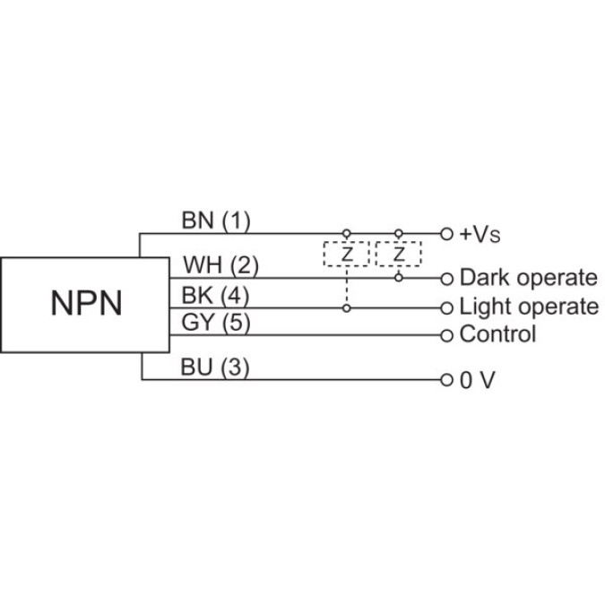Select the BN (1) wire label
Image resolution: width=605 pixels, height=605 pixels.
coord(217,220)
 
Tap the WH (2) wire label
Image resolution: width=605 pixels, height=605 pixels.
coord(220,265)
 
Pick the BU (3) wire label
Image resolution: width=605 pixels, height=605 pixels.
coord(215,367)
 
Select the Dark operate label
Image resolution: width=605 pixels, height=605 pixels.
coord(528,278)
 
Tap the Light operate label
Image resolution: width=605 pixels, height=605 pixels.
coord(529,307)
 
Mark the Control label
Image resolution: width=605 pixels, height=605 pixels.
coord(497,335)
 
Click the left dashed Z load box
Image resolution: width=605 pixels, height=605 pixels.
coord(347,255)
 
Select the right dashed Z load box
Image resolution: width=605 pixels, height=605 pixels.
coord(399,255)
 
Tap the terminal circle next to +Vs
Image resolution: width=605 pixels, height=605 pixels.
coord(447,233)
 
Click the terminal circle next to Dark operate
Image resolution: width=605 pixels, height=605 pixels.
coord(447,278)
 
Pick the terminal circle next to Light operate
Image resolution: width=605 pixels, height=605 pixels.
coord(447,307)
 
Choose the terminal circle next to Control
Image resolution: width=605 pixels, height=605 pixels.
coord(447,335)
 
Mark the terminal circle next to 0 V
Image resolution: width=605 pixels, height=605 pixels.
coord(447,380)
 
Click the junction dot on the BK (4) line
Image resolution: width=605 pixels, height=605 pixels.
coord(347,307)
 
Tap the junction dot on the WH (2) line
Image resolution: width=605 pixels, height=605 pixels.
coord(399,278)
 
